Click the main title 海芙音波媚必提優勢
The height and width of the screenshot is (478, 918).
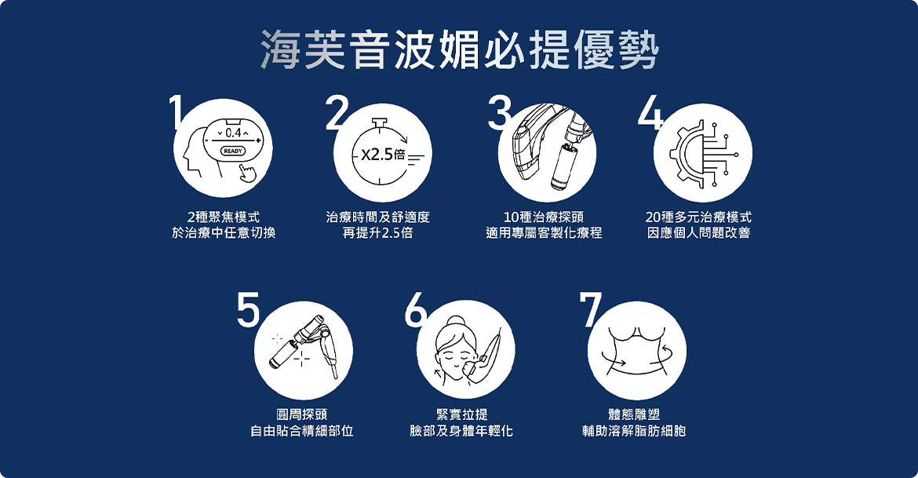pyautogui.click(x=460, y=49)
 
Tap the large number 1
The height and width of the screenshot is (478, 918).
pyautogui.click(x=175, y=111)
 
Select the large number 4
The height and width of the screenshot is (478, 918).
pyautogui.click(x=651, y=111)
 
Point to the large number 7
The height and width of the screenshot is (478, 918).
pyautogui.click(x=590, y=308)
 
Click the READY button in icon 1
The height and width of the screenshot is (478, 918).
pyautogui.click(x=233, y=151)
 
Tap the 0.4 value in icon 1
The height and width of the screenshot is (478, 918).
pyautogui.click(x=233, y=133)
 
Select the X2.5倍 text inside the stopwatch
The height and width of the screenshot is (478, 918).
pyautogui.click(x=383, y=155)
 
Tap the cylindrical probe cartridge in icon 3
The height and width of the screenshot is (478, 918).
pyautogui.click(x=563, y=166)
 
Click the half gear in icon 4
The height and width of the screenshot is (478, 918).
pyautogui.click(x=684, y=154)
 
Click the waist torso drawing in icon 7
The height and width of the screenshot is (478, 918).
pyautogui.click(x=637, y=351)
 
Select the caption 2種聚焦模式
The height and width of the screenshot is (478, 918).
pyautogui.click(x=224, y=217)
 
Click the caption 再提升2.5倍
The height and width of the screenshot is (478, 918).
pyautogui.click(x=377, y=233)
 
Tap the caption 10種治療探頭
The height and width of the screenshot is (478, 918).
pyautogui.click(x=543, y=217)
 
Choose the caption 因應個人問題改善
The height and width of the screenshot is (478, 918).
pyautogui.click(x=698, y=233)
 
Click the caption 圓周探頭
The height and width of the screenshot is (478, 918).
pyautogui.click(x=301, y=414)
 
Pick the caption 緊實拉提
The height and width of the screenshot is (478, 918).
pyautogui.click(x=461, y=414)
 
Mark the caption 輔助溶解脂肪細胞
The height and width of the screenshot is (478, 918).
pyautogui.click(x=634, y=431)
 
